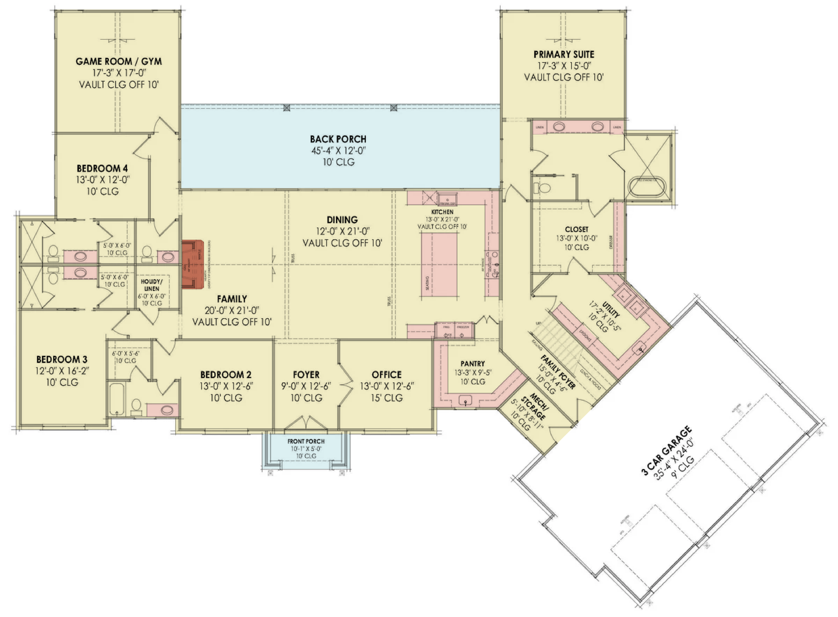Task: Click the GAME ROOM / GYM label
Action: (118, 61)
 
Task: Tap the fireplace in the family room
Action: (192, 264)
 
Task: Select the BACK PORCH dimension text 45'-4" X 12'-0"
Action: (338, 151)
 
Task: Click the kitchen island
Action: (439, 265)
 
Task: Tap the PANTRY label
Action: (472, 363)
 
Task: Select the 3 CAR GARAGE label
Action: (666, 451)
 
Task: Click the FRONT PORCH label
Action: (306, 441)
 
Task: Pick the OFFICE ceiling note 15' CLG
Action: (387, 398)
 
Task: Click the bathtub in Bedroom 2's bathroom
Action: (117, 399)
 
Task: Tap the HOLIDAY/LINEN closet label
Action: (151, 285)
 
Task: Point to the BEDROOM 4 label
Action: (102, 169)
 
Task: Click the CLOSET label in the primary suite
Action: (576, 229)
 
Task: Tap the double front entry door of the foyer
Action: (306, 423)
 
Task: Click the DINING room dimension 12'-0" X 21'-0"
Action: (342, 231)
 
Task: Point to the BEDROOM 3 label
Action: (62, 360)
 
